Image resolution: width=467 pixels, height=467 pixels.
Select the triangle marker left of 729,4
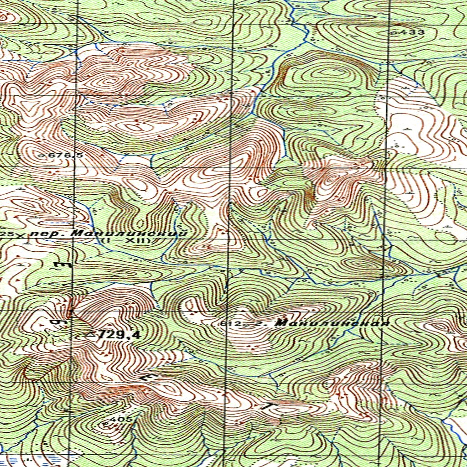tap(90, 335)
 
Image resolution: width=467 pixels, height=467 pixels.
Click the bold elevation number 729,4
tap(119, 335)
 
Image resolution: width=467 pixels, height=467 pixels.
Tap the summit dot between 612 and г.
tap(246, 325)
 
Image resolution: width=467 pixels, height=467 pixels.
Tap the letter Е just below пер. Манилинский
tap(58, 265)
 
